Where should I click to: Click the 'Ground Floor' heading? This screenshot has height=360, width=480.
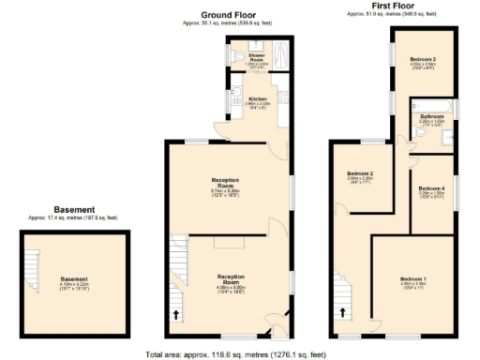pyautogui.click(x=228, y=16)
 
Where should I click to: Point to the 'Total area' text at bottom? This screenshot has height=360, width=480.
pyautogui.click(x=235, y=354)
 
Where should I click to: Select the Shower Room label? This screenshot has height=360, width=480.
pyautogui.click(x=255, y=57)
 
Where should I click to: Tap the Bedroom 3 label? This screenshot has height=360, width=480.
pyautogui.click(x=422, y=60)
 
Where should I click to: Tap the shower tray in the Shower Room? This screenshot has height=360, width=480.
pyautogui.click(x=275, y=58)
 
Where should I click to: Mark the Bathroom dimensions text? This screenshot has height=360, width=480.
pyautogui.click(x=430, y=124)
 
